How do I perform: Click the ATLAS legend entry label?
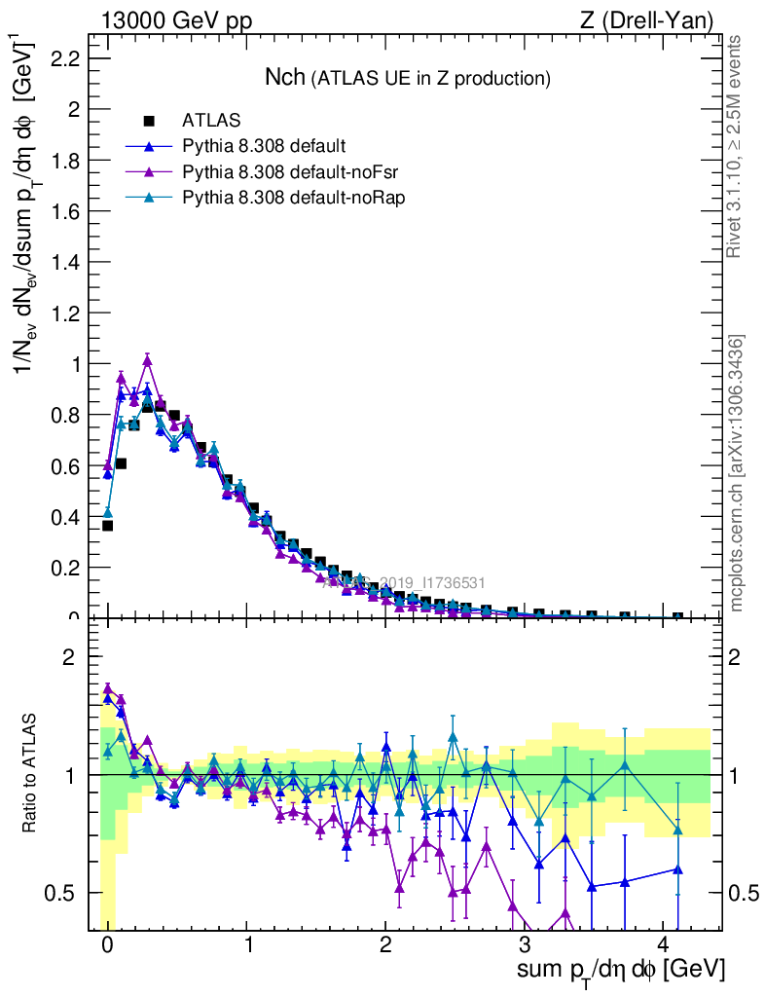(x=211, y=121)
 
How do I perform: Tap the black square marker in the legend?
(x=150, y=121)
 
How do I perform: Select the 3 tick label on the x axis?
(x=525, y=944)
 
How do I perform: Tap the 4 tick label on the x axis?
(x=664, y=944)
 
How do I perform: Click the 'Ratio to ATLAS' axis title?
(x=30, y=775)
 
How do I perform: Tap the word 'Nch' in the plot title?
(x=285, y=77)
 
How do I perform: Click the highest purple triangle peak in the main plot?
(x=147, y=359)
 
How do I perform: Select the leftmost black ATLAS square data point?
(x=107, y=526)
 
